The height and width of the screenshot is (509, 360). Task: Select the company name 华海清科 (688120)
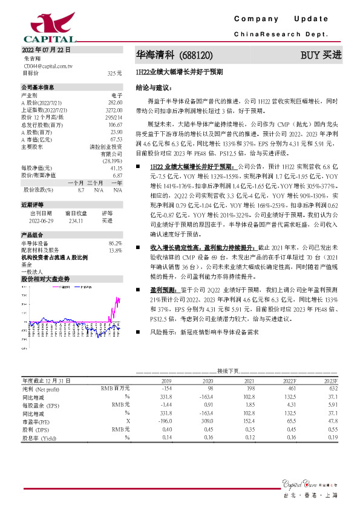click(x=174, y=55)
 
